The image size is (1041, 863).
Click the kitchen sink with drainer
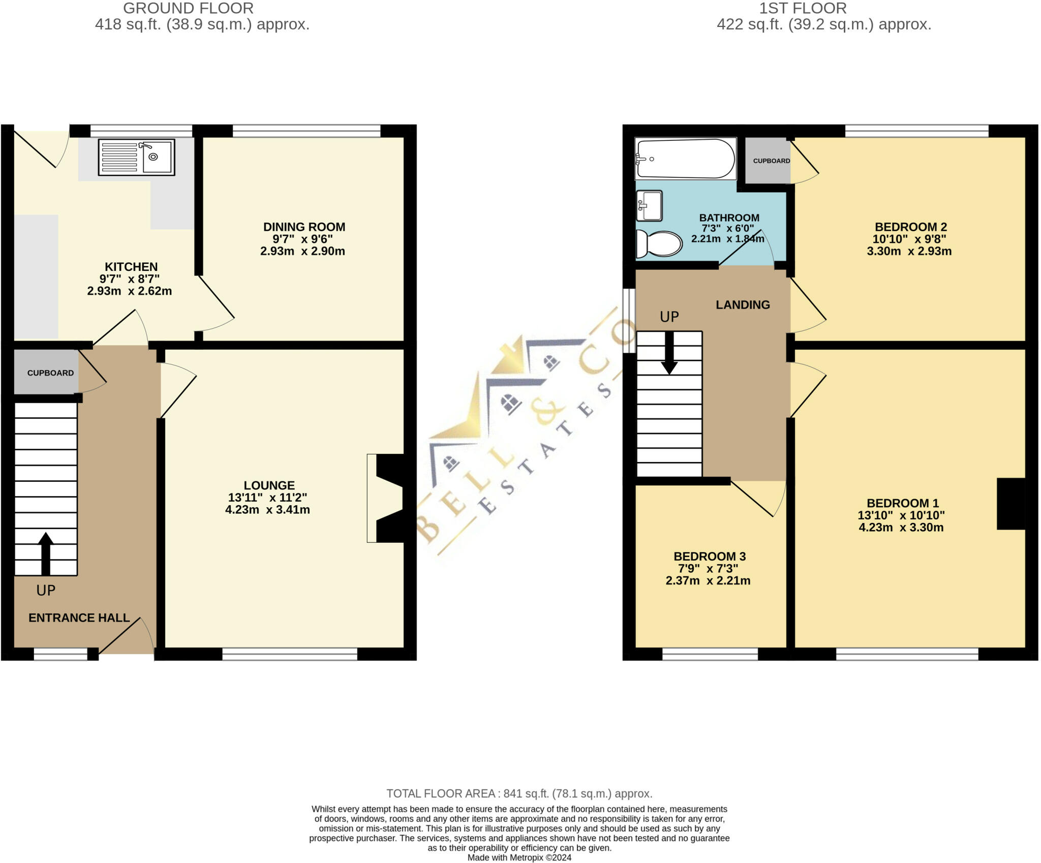point(136,158)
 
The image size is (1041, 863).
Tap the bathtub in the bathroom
point(685,159)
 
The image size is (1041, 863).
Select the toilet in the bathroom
point(659,244)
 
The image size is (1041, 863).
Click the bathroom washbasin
point(649,206)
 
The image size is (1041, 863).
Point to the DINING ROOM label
point(304,227)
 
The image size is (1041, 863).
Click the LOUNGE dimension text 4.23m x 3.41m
point(267,510)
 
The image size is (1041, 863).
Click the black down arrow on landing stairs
point(669,353)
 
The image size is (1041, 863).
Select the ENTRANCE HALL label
point(79,618)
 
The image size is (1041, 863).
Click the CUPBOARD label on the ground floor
point(50,373)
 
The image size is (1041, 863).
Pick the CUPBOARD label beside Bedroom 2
point(771,161)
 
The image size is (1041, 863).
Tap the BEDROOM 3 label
point(709,557)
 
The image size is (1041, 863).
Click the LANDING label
point(743,305)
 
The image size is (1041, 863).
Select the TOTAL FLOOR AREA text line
point(519,793)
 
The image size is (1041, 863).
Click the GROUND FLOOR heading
point(188,8)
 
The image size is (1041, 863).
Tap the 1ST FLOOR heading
point(803,8)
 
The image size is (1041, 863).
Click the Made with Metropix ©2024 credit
point(519,857)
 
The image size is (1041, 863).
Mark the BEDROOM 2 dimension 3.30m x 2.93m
point(909,251)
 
